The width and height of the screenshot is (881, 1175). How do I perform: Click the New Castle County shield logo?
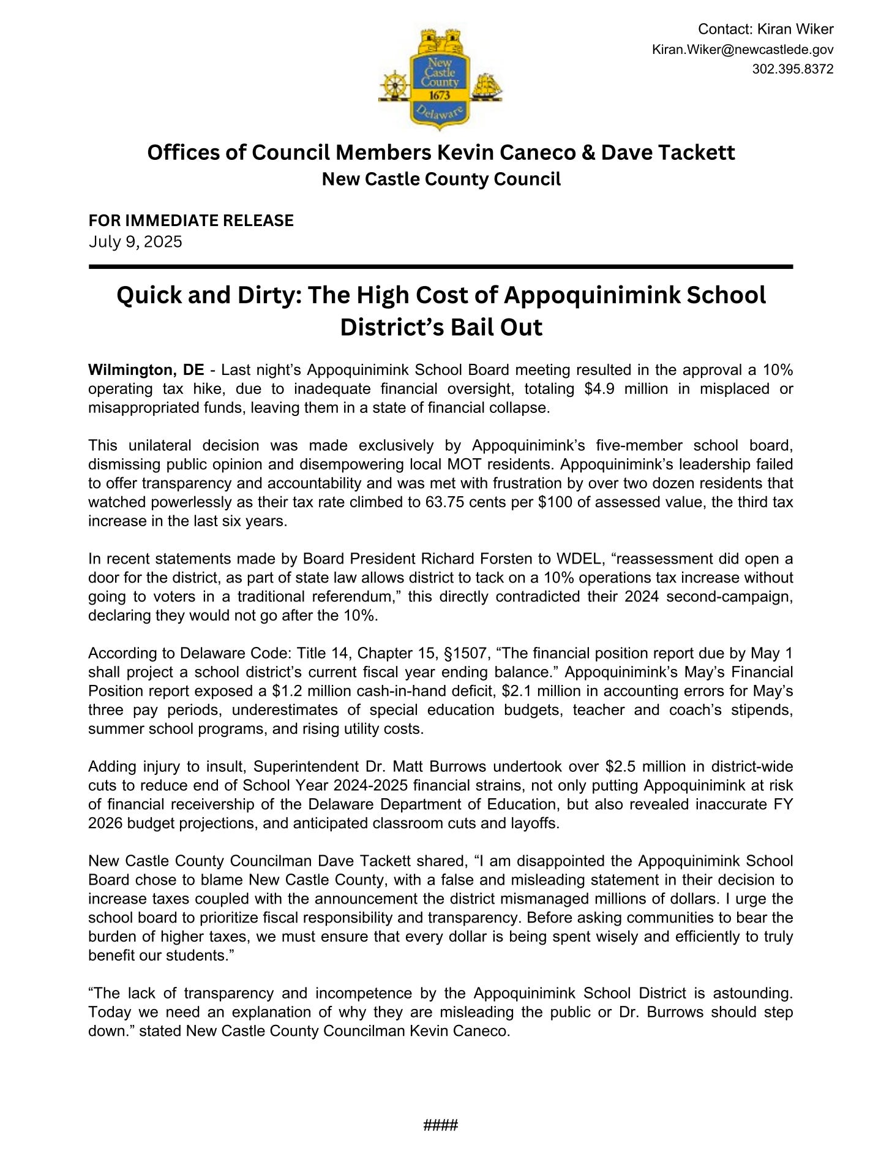click(440, 80)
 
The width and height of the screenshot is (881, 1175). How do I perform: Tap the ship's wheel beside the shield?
click(393, 86)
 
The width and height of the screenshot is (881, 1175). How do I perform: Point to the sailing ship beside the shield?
click(487, 86)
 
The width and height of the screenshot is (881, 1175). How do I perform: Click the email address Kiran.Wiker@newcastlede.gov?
click(742, 50)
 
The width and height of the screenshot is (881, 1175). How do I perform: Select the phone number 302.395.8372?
click(792, 69)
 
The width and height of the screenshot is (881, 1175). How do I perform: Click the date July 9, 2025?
click(135, 241)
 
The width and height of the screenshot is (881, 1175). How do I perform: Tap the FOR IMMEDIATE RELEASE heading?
click(191, 221)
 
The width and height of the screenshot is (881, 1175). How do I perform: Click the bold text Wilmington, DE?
click(146, 370)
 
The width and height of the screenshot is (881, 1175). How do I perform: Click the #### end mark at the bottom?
click(441, 1125)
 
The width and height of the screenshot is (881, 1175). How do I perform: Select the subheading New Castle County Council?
click(441, 179)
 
